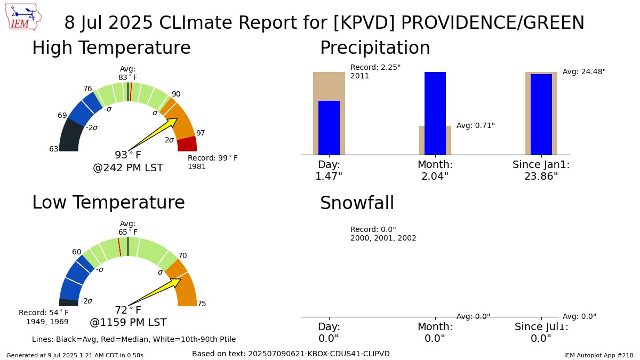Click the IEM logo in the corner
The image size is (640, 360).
[25, 17]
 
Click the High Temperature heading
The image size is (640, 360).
[111, 48]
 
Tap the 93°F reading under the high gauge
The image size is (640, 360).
[128, 155]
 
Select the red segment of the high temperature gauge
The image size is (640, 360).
[187, 145]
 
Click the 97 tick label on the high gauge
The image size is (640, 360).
[201, 133]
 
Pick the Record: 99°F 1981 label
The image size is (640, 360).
[212, 162]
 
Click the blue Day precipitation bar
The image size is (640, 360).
[329, 128]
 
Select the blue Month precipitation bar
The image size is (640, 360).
[435, 113]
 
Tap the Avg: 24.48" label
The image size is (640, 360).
[584, 71]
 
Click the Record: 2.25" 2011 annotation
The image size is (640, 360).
[375, 71]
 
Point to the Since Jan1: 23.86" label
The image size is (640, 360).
[541, 170]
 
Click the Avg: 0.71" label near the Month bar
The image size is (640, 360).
[475, 125]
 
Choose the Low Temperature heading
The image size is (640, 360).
[108, 203]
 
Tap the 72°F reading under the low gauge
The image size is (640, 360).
[128, 310]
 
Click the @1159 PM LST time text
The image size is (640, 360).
[128, 323]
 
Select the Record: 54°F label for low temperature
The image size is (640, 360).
[44, 317]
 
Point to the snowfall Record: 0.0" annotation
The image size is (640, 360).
[383, 234]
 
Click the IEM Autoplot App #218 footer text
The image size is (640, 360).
[598, 355]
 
